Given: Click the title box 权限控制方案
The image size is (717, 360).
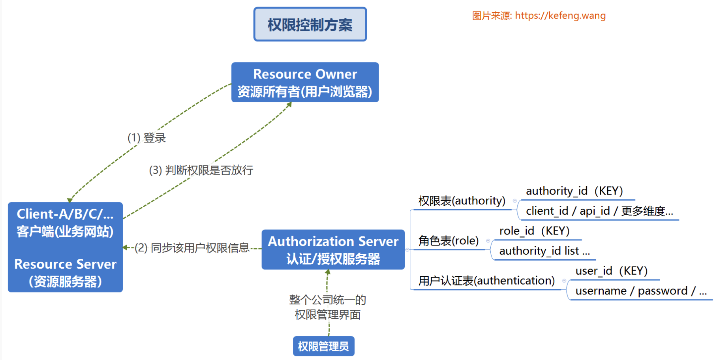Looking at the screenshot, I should click(x=310, y=24).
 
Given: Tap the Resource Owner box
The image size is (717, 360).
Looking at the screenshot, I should click(x=305, y=82).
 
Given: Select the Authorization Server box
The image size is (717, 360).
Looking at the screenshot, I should click(x=333, y=249).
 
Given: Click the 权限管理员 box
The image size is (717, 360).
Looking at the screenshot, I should click(x=323, y=346).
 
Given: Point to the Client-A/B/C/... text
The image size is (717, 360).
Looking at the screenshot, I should click(x=65, y=214).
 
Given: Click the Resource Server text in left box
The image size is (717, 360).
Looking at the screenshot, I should click(x=65, y=264).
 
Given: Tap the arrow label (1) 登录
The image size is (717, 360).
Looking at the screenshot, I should click(x=146, y=138).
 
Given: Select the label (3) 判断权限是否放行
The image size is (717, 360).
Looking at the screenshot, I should click(x=201, y=170).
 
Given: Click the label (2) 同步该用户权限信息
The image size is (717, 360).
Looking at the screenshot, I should click(x=192, y=248).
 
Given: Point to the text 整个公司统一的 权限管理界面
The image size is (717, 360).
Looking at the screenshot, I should click(x=327, y=307).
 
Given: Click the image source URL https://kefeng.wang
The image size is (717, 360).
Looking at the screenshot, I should click(x=560, y=16).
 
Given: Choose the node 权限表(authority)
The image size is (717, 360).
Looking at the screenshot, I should click(x=462, y=201).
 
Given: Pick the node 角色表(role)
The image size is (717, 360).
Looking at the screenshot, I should click(x=449, y=240).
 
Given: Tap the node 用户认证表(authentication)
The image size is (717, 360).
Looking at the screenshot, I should click(x=486, y=281).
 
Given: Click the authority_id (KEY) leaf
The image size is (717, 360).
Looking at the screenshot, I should click(x=574, y=191).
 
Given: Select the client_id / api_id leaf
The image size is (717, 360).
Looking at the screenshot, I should click(x=599, y=211).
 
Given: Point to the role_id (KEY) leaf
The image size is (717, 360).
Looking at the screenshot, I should click(x=534, y=231).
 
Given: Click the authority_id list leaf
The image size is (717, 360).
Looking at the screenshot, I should click(x=544, y=251).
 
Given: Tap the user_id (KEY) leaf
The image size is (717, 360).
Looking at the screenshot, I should click(x=611, y=271).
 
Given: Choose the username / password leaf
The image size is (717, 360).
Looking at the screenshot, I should click(x=640, y=291).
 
